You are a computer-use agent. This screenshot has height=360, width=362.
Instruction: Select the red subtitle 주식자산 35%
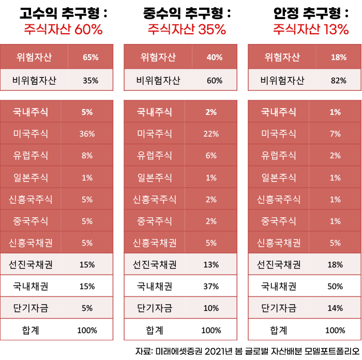coord(187,29)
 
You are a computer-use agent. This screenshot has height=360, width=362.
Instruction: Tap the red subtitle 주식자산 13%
coord(311,29)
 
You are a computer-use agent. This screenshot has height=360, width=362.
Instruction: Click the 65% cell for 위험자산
coord(90,57)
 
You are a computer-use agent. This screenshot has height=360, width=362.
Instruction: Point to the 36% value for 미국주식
coord(87,134)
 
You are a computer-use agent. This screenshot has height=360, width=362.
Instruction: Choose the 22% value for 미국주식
coord(211,134)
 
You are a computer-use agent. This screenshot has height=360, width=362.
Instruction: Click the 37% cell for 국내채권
coord(211,286)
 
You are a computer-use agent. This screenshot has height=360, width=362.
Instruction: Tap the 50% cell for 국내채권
coord(335,286)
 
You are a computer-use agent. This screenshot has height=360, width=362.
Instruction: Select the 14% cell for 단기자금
coord(335,308)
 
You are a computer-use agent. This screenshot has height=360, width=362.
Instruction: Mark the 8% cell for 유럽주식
coord(87,156)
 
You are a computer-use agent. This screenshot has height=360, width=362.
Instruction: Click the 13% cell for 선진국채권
coord(211,264)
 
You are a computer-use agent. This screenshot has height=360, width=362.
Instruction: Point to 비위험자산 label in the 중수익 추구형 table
coord(158,80)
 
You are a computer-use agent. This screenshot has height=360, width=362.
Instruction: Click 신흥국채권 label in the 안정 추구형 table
coord(279,243)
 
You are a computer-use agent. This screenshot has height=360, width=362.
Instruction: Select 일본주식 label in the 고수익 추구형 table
coord(31,177)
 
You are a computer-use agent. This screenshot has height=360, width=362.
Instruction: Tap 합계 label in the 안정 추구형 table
coord(279,330)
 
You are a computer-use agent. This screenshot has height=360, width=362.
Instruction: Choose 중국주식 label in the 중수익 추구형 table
coord(155,221)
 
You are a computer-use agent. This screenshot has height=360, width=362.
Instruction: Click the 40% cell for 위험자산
coord(215,57)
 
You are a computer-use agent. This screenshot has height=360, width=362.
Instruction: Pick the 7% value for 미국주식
coord(335,134)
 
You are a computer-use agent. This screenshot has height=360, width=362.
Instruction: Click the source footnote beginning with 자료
coord(247,351)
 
